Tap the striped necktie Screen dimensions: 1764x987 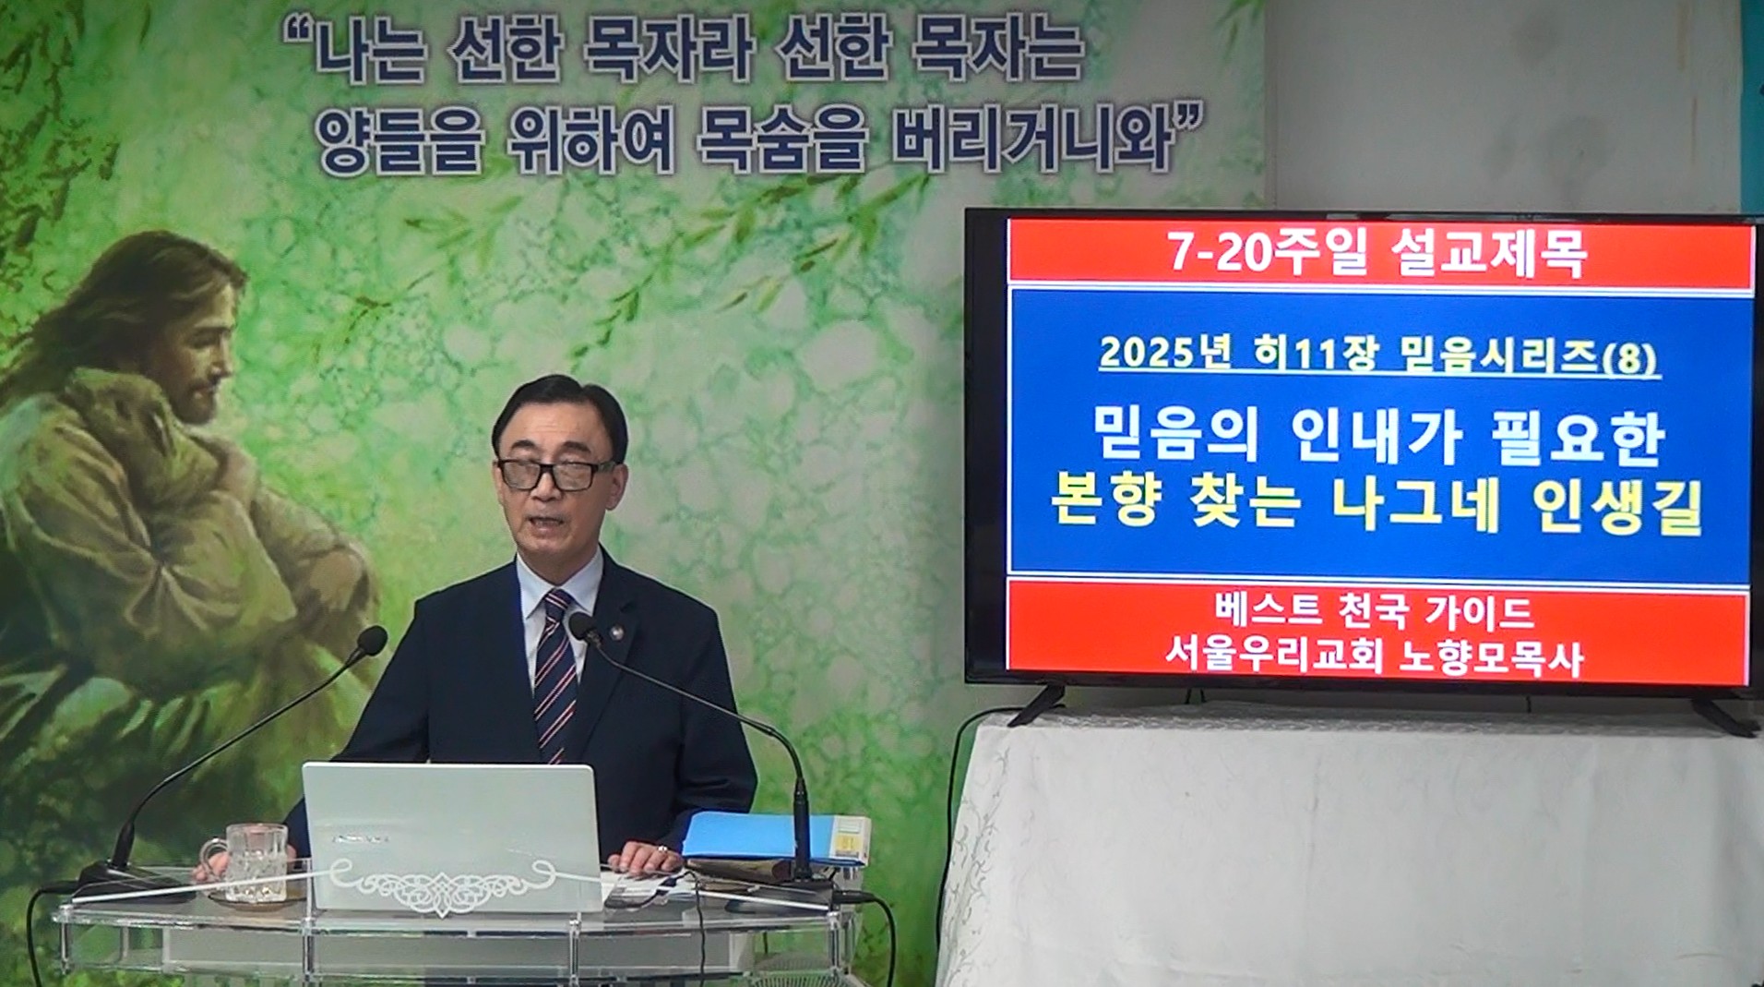[554, 674]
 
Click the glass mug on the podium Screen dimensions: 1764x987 [252, 862]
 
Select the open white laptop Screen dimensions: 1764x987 [451, 837]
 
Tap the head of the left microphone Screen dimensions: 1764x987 [371, 640]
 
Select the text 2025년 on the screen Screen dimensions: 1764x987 [1165, 354]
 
